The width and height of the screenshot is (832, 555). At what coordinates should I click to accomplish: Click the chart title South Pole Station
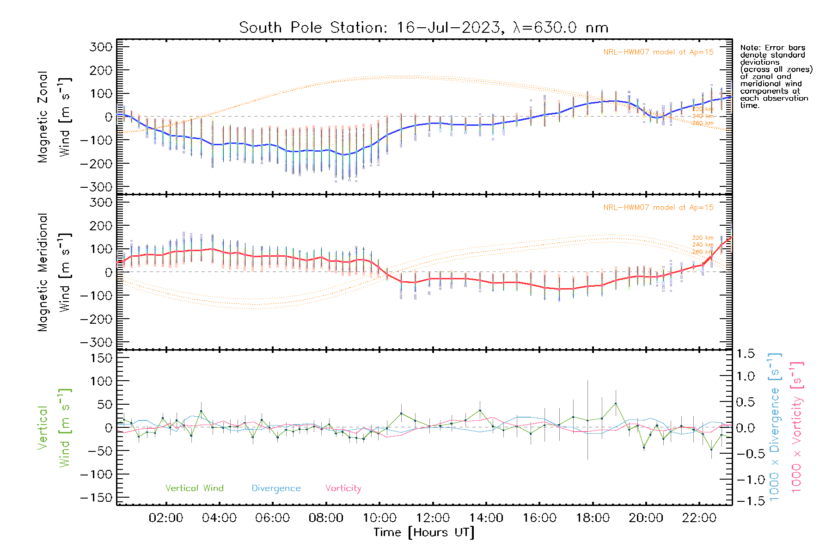click(423, 28)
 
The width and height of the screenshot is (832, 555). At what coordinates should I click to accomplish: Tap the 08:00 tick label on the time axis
click(326, 518)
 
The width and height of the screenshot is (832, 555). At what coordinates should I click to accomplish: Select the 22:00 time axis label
click(699, 518)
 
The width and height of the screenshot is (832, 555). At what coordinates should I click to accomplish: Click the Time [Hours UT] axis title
click(424, 532)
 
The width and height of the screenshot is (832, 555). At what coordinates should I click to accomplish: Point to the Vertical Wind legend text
click(194, 488)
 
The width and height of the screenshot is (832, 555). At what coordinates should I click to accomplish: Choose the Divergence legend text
click(276, 488)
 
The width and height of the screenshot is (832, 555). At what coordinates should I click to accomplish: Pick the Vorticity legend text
click(343, 488)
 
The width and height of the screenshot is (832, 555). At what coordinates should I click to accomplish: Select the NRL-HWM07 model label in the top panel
click(658, 52)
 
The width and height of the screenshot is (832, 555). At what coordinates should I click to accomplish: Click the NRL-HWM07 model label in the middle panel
click(658, 207)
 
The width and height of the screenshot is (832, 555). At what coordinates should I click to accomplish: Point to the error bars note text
click(776, 76)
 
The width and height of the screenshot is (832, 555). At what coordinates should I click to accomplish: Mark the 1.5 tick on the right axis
click(745, 354)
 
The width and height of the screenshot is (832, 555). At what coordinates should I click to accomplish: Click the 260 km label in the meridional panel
click(703, 252)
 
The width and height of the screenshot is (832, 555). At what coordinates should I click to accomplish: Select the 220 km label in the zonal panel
click(703, 109)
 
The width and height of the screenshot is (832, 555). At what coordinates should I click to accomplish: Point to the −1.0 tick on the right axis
click(745, 480)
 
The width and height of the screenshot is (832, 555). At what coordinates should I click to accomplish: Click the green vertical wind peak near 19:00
click(616, 403)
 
